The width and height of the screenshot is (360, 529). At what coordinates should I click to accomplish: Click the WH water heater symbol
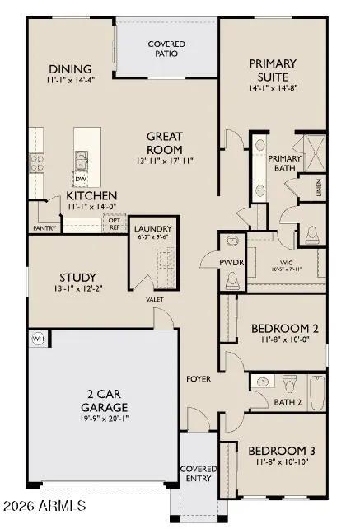37,339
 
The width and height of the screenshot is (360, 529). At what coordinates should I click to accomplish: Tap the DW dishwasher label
80,178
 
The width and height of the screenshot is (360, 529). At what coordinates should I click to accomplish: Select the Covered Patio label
166,48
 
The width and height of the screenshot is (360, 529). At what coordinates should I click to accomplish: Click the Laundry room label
152,229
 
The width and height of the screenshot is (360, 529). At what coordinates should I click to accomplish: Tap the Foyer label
199,379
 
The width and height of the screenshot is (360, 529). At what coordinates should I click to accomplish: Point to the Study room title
78,277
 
